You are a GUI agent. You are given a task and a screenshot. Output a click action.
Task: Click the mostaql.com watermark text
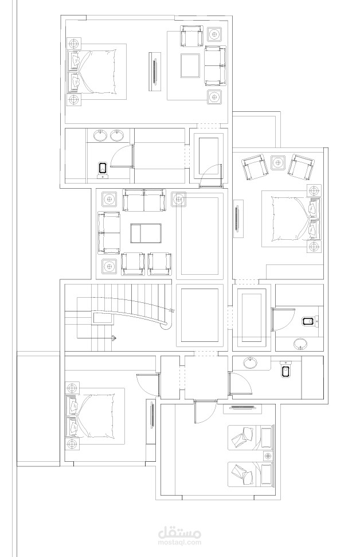tap(179, 543)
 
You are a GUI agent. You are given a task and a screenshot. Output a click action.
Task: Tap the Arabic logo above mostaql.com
tap(179, 532)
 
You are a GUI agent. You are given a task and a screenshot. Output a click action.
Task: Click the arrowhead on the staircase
tap(114, 338)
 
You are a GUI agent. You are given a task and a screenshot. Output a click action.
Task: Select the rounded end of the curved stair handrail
tap(165, 325)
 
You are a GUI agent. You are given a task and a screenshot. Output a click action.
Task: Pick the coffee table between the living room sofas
tap(146, 233)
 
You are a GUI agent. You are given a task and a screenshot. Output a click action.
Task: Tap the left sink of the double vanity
tap(100, 136)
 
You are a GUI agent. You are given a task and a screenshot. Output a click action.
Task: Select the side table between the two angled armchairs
tap(278, 162)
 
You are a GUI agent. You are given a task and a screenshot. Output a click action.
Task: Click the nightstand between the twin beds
tap(268, 455)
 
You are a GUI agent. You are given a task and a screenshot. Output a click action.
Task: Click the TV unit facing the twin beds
tap(243, 408)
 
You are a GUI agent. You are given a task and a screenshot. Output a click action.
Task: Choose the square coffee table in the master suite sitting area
tap(190, 65)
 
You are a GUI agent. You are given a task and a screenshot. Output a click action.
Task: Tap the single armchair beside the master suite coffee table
tap(191, 36)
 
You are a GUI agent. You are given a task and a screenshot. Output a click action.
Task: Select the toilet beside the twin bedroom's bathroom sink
tap(285, 369)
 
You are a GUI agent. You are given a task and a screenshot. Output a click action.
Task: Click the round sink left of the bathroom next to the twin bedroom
tap(251, 363)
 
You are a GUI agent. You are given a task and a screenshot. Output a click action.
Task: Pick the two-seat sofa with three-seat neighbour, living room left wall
tap(109, 233)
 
